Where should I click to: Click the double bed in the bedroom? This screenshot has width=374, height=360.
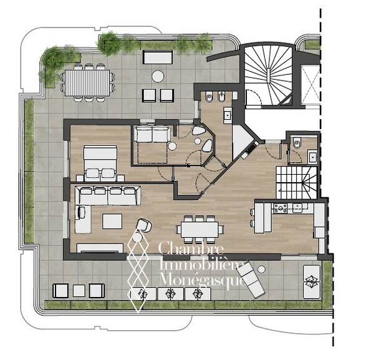[x=100, y=163]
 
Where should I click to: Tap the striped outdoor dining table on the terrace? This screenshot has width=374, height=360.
[x=87, y=82]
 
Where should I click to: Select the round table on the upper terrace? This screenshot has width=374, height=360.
[x=158, y=77]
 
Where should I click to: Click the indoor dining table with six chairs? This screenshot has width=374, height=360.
[x=199, y=230]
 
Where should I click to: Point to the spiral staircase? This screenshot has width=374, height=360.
[x=269, y=75]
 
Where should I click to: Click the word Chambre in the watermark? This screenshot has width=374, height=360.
[x=191, y=248]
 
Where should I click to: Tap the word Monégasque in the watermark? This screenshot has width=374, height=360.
[x=203, y=280]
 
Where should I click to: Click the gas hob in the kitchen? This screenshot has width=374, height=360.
[x=280, y=208]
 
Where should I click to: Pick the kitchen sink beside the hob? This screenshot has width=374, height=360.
[x=297, y=208]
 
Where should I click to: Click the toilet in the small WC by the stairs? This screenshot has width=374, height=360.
[x=297, y=144]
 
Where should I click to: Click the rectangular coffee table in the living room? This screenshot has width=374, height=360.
[x=112, y=221]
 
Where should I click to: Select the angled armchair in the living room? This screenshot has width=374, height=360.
[x=144, y=225]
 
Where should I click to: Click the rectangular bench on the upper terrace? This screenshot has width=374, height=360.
[x=158, y=57]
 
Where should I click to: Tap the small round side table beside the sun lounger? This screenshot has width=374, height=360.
[x=262, y=270]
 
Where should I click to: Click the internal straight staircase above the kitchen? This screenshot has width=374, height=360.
[x=296, y=183]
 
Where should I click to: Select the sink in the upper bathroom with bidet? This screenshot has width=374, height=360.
[x=228, y=115]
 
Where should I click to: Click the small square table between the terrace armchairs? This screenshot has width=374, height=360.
[x=79, y=291]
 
